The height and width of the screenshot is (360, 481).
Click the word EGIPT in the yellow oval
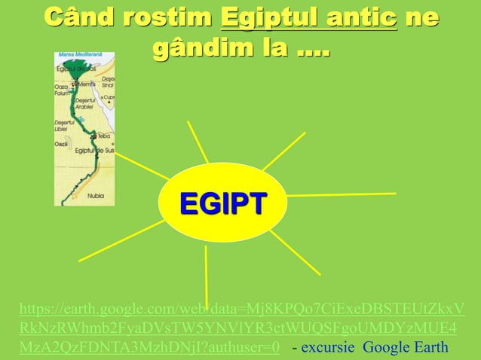(x=222, y=203)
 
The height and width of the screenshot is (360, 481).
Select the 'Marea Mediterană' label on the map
(x=84, y=55)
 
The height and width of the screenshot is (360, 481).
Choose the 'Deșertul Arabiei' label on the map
(x=85, y=102)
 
